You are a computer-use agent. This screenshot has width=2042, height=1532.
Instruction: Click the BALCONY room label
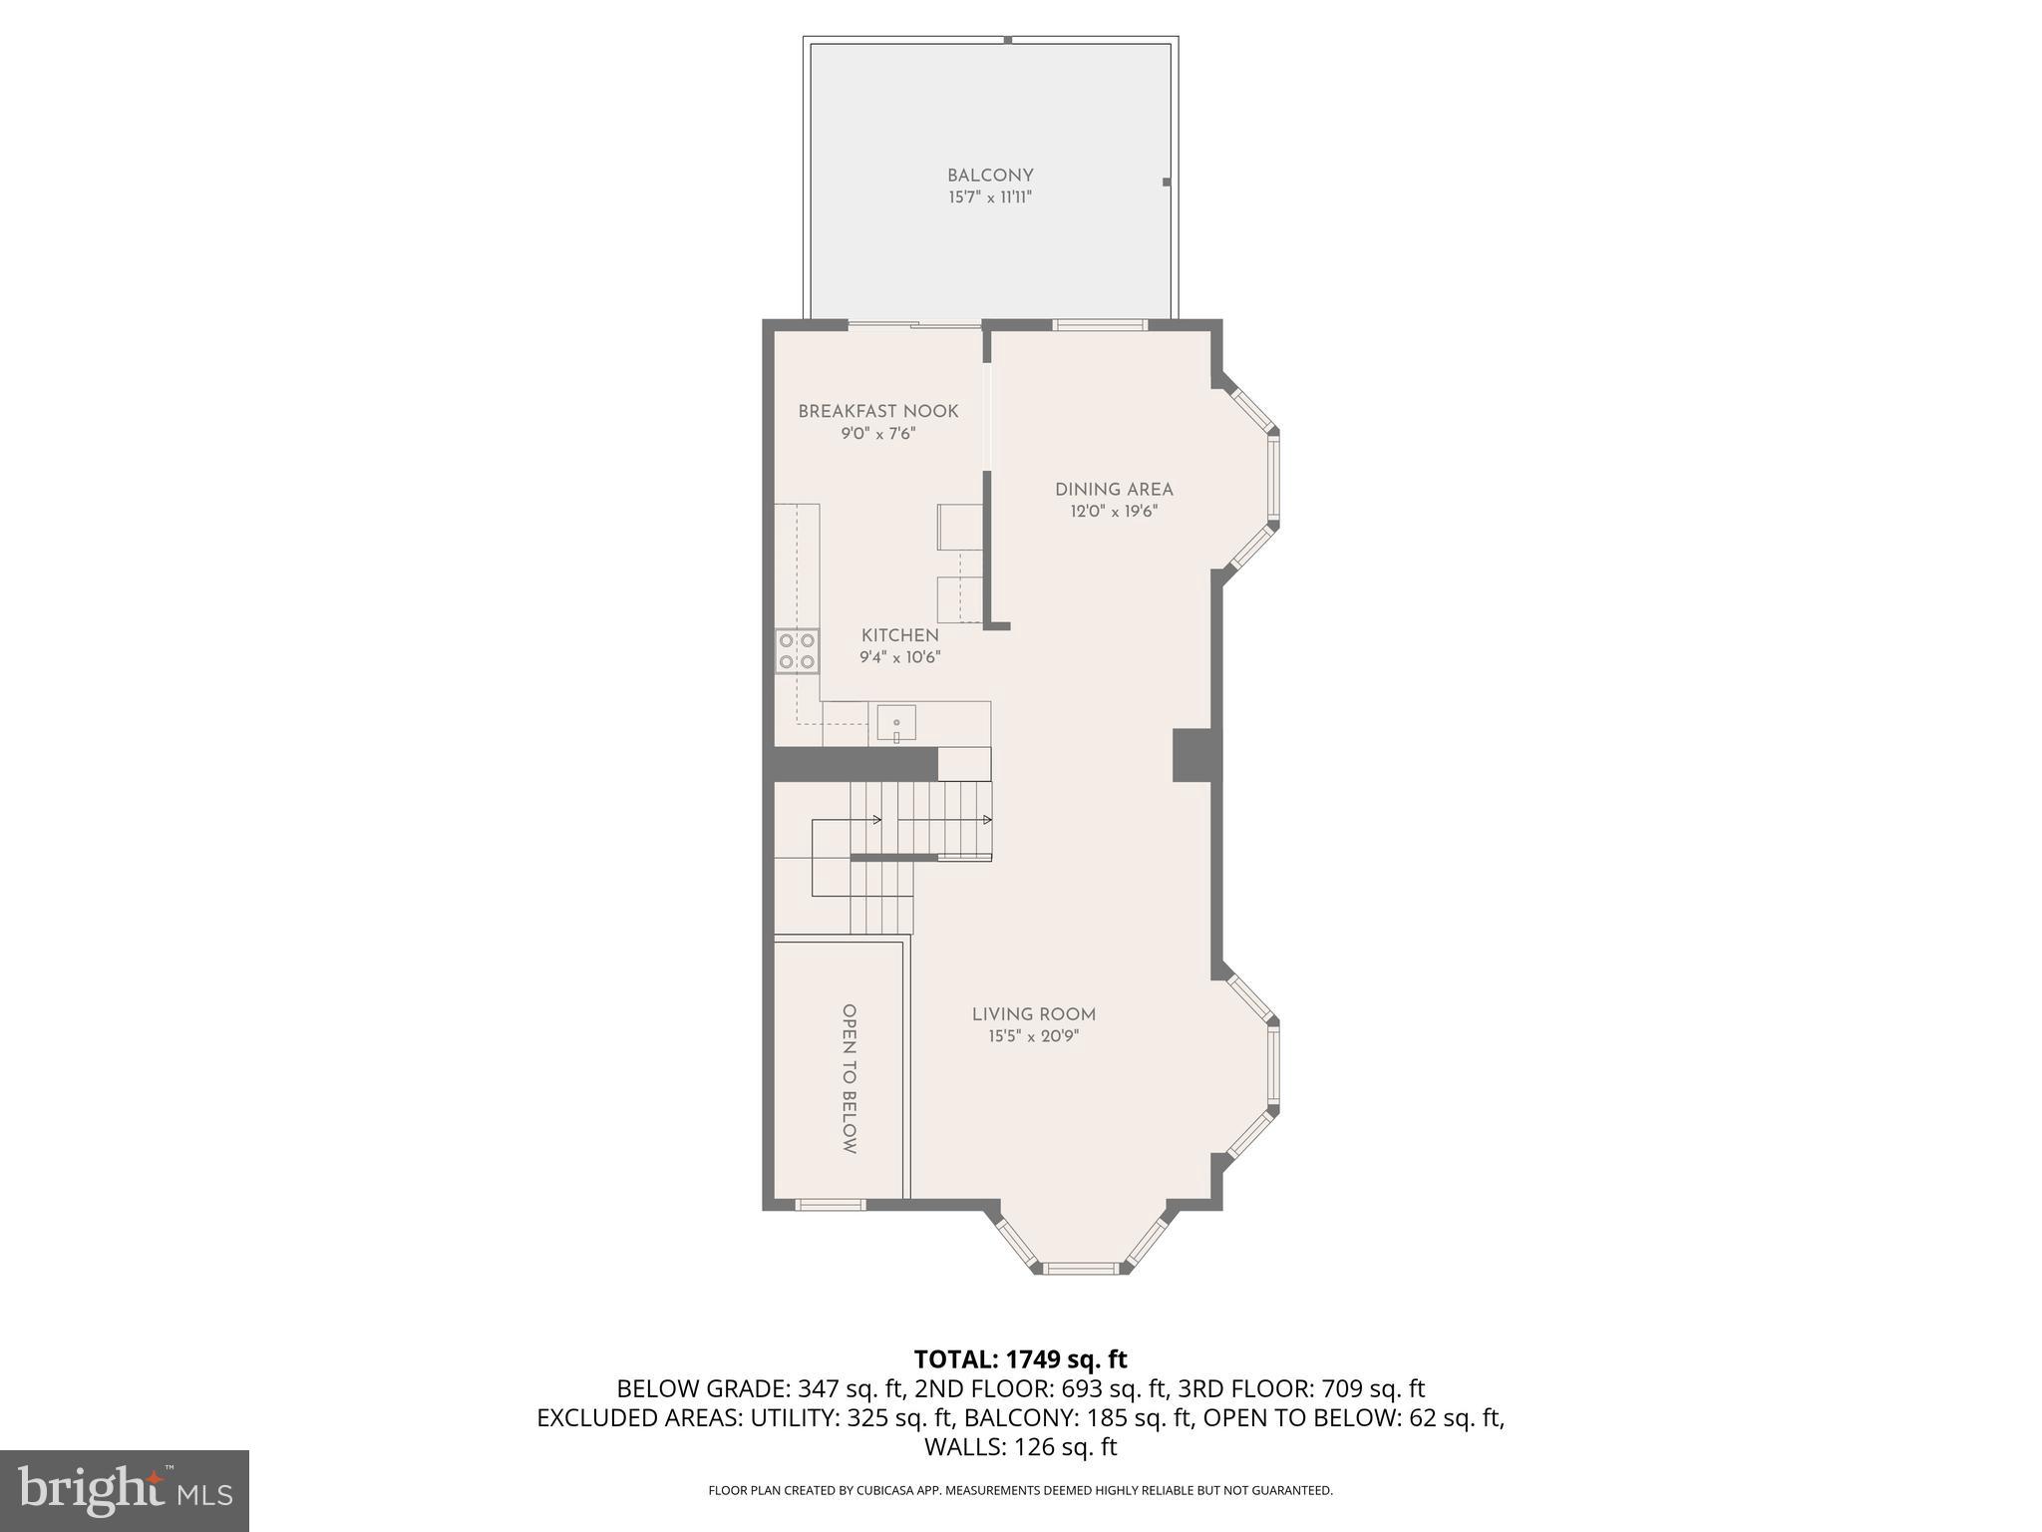(x=990, y=176)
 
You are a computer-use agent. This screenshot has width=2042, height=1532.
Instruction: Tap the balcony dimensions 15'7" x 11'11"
(x=990, y=197)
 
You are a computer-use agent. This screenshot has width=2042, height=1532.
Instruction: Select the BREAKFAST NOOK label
(x=878, y=411)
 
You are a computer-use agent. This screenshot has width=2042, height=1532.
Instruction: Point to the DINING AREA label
(x=1114, y=489)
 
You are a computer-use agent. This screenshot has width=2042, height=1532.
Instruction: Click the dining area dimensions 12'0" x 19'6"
(x=1114, y=512)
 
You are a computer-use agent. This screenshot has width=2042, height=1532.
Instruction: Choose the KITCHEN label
(x=900, y=635)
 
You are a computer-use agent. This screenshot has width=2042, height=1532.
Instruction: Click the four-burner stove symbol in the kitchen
(x=797, y=650)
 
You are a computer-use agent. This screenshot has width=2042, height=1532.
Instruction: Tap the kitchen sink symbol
(x=896, y=724)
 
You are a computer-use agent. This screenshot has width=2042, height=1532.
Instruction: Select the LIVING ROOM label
(x=1034, y=1014)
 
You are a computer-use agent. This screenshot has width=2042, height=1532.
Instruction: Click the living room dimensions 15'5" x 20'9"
(x=1034, y=1036)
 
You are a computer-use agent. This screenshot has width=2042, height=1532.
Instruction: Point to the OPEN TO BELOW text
(x=850, y=1078)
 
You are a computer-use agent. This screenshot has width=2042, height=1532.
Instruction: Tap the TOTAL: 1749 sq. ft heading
(x=1020, y=1359)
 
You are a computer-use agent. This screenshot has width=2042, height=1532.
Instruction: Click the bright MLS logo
(x=125, y=1490)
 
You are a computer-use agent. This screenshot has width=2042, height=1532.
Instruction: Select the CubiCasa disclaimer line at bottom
(x=1020, y=1491)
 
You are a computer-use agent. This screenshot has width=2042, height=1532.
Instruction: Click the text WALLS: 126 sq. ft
(x=1020, y=1447)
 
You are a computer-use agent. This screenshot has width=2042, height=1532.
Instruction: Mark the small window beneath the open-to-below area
(x=831, y=1205)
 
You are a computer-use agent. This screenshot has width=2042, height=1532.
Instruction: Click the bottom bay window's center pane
(x=1082, y=1268)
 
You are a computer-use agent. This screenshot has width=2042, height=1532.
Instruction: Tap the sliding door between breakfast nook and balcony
(x=914, y=324)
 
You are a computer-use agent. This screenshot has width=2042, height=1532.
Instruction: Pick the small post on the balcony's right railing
(x=1166, y=183)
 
